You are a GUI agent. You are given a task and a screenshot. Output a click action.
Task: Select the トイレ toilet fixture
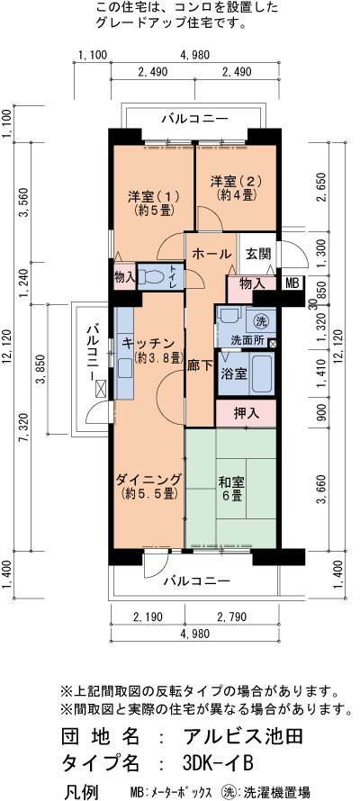coord(153,277)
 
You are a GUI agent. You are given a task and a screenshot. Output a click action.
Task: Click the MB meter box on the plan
coord(292,283)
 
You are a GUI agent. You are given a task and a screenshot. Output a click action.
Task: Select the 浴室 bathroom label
coord(234,373)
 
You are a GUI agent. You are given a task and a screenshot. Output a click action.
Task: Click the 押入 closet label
coord(246,414)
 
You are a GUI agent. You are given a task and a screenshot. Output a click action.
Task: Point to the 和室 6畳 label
coord(230,489)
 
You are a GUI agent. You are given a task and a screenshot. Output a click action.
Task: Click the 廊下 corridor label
coord(200,373)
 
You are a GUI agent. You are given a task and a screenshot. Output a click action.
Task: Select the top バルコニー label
coord(195,120)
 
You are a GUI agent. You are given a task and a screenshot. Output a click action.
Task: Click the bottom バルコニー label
coord(197,580)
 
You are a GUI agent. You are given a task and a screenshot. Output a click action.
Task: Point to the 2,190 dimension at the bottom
coord(148,617)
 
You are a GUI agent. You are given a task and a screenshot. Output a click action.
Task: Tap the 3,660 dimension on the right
coord(321,490)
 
